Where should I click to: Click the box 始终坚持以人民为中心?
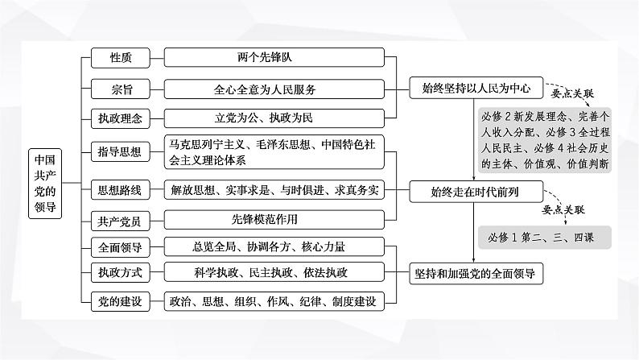(477, 88)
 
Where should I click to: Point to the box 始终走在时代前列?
(477, 191)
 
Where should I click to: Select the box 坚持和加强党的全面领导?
(477, 273)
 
